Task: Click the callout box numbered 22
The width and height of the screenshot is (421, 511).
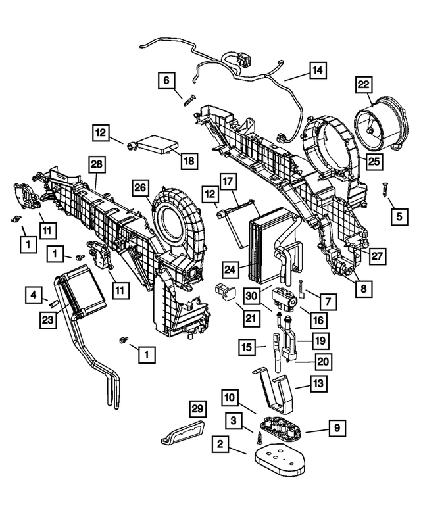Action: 364,85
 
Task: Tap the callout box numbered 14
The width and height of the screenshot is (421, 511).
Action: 318,70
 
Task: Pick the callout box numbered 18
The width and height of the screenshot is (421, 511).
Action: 188,160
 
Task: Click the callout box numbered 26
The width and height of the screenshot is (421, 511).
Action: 139,189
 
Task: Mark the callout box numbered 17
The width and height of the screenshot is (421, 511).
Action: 228,182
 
